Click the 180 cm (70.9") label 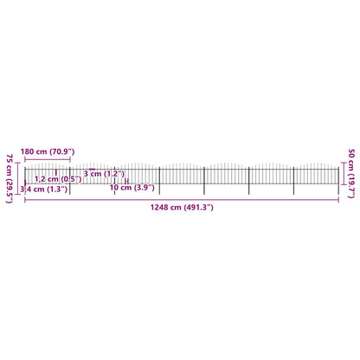pos(48,151)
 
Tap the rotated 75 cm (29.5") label pos(10,178)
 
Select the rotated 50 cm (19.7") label pos(351,174)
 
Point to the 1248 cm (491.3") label pos(182,207)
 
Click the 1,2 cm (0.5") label pos(58,179)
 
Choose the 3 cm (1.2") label pos(104,174)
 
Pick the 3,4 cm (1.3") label pos(44,190)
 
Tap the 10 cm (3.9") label pos(132,188)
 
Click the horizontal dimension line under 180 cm pos(48,159)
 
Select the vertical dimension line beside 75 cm pos(18,178)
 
